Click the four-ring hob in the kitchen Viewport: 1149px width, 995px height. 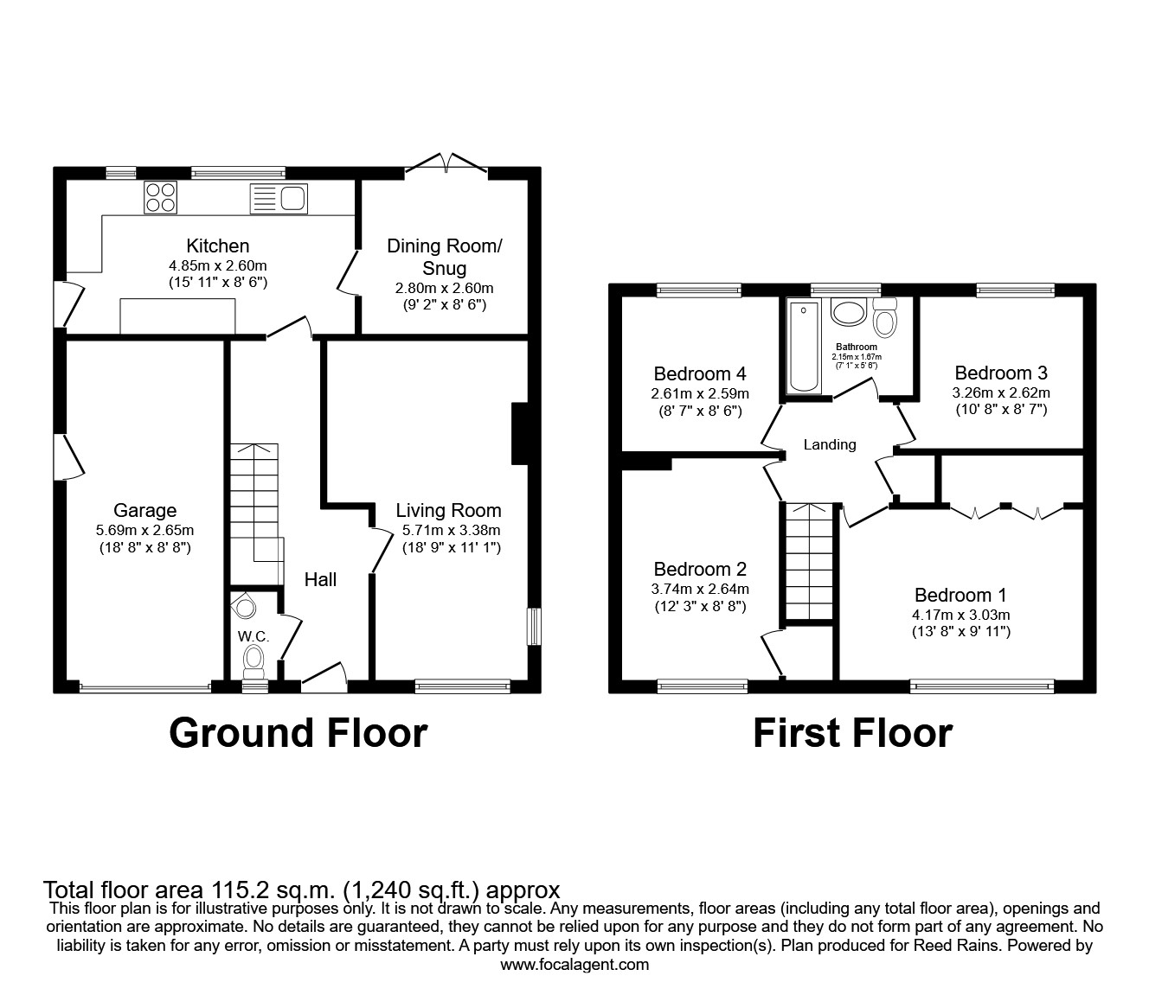tap(161, 197)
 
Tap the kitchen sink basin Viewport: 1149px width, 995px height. tap(292, 198)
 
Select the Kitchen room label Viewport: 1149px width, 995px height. tap(218, 246)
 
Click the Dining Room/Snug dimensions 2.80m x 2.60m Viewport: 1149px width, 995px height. tap(444, 289)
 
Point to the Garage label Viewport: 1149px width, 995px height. tap(145, 510)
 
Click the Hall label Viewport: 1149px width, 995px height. tap(320, 579)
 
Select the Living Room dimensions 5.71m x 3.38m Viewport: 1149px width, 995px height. tap(452, 530)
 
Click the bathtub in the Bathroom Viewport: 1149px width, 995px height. tap(804, 347)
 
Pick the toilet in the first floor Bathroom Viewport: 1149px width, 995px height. tap(885, 318)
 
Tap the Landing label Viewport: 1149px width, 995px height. tap(830, 444)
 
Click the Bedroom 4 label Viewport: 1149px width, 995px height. tap(700, 373)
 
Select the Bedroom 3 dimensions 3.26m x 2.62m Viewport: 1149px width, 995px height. tap(1001, 392)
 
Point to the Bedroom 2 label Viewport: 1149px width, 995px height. tap(700, 569)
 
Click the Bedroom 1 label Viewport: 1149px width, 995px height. tap(960, 595)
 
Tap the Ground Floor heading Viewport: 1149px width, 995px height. tap(298, 733)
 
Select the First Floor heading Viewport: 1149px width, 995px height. tap(853, 733)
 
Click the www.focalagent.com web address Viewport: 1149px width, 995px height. tap(574, 965)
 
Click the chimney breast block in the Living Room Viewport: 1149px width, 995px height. tap(519, 433)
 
